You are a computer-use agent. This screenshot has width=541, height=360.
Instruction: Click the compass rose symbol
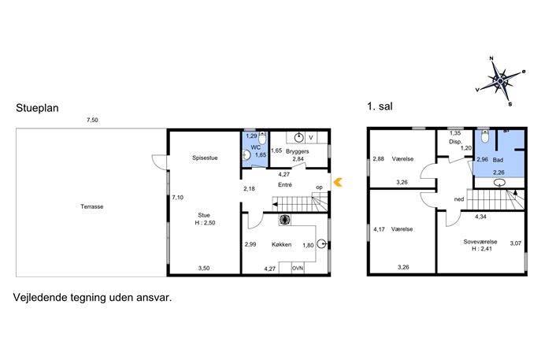pyautogui.click(x=500, y=81)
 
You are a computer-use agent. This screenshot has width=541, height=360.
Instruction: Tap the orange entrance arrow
pyautogui.click(x=338, y=182)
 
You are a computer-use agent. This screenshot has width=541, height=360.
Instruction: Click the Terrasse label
pyautogui.click(x=92, y=206)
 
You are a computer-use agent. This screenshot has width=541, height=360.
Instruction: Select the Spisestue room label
pyautogui.click(x=205, y=158)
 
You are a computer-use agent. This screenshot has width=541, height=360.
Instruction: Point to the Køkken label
pyautogui.click(x=282, y=244)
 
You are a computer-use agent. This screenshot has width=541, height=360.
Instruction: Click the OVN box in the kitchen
pyautogui.click(x=298, y=268)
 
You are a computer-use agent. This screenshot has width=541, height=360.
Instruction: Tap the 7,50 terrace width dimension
pyautogui.click(x=92, y=120)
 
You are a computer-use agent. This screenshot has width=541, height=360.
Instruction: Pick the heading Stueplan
pyautogui.click(x=37, y=108)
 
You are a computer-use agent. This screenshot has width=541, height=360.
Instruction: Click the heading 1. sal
pyautogui.click(x=380, y=106)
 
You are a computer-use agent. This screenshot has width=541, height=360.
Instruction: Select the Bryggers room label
pyautogui.click(x=298, y=151)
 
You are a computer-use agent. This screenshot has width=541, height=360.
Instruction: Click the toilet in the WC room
pyautogui.click(x=262, y=138)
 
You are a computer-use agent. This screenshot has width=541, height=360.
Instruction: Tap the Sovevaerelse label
pyautogui.click(x=480, y=242)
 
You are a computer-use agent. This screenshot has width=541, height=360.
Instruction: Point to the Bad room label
pyautogui.click(x=498, y=160)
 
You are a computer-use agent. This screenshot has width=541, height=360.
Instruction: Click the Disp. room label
pyautogui.click(x=455, y=142)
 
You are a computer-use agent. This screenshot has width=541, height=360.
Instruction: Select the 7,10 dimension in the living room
pyautogui.click(x=178, y=198)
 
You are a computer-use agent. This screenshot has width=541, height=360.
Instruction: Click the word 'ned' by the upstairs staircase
pyautogui.click(x=459, y=199)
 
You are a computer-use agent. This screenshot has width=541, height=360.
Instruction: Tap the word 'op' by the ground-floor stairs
pyautogui.click(x=320, y=187)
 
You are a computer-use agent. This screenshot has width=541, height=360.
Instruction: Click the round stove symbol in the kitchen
pyautogui.click(x=284, y=220)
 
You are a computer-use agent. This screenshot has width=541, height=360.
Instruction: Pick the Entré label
pyautogui.click(x=285, y=184)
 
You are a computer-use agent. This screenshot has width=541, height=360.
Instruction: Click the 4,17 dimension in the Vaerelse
pyautogui.click(x=380, y=228)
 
